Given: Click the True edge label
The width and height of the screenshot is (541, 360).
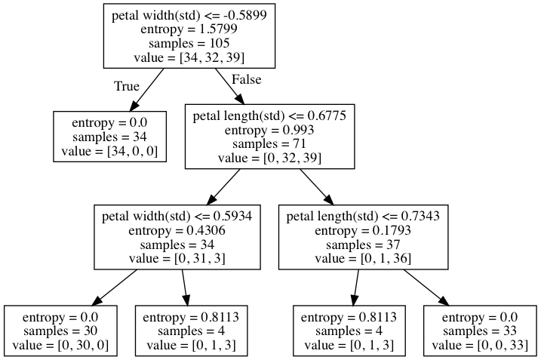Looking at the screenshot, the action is (127, 86).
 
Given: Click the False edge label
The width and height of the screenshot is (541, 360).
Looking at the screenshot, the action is (246, 79).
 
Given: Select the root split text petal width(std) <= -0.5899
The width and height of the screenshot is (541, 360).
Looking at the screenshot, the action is (189, 15).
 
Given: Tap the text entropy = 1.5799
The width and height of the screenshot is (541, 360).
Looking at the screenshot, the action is (189, 29).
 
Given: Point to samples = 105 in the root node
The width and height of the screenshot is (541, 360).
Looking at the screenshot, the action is (189, 43).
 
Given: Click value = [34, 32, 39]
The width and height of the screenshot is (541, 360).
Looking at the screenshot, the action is (189, 57).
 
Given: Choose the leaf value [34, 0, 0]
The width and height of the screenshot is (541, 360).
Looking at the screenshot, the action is (109, 151).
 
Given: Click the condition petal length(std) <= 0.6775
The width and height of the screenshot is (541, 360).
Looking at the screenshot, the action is (269, 115).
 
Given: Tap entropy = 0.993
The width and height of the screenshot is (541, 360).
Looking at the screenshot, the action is (269, 130).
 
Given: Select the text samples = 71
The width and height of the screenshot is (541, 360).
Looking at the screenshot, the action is (269, 143).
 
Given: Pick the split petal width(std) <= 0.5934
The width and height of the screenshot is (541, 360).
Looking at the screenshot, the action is (177, 217).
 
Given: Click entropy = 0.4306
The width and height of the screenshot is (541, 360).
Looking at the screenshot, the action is (177, 230).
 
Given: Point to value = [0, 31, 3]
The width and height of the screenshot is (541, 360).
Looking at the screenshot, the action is (177, 259).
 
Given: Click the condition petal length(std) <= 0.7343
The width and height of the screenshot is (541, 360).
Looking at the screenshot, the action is (364, 217).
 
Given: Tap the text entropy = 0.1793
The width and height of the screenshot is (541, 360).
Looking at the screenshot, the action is (363, 230).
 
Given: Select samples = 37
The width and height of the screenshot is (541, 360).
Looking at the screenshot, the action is (363, 245).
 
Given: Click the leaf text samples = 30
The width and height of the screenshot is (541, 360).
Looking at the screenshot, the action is (60, 331).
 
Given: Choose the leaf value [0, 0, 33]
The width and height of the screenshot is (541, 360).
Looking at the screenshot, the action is (480, 345).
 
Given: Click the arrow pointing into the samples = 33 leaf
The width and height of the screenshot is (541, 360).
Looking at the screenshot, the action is (426, 288).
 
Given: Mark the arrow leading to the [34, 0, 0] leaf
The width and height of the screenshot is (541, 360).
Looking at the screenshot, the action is (146, 90).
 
